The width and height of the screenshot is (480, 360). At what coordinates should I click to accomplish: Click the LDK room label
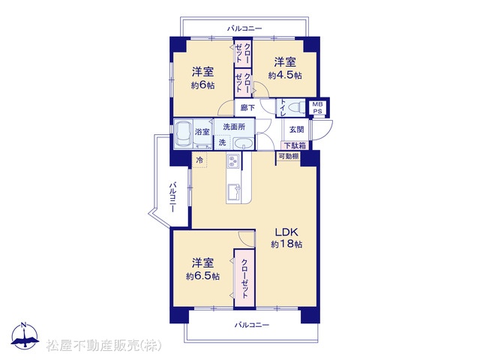(286, 232)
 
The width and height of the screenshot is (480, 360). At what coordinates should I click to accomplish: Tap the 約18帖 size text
(286, 244)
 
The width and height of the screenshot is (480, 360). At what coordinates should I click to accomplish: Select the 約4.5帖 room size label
(285, 75)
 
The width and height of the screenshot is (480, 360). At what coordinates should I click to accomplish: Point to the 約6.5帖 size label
(202, 276)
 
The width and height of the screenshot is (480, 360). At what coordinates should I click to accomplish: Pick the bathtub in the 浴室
(183, 133)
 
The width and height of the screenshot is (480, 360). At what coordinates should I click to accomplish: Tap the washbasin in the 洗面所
(243, 143)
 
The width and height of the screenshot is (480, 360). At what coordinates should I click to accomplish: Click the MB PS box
(317, 108)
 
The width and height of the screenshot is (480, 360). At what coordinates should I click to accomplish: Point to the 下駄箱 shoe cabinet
(295, 145)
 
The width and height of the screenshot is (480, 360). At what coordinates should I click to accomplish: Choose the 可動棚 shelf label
(288, 156)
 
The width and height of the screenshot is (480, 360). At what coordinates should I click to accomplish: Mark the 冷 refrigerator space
(199, 160)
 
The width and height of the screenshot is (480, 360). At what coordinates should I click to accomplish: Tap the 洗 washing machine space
(223, 142)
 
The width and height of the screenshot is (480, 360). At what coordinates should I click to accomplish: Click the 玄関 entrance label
(296, 129)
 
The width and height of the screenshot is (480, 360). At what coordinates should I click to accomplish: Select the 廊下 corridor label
(247, 107)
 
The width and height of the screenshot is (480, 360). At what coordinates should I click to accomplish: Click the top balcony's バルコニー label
(244, 28)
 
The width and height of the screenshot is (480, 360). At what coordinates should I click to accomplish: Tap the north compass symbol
(25, 336)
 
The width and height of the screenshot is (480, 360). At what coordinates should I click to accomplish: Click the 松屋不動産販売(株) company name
(103, 345)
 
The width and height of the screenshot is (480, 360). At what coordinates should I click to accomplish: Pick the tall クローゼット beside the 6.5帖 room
(244, 278)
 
